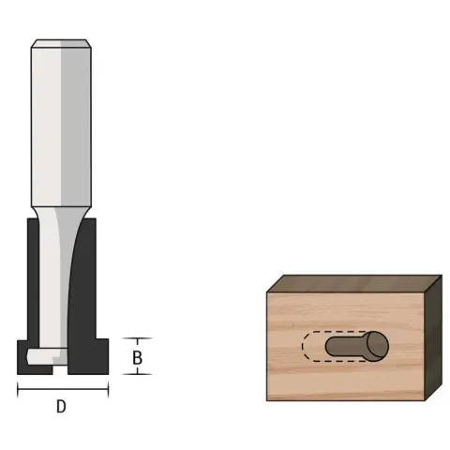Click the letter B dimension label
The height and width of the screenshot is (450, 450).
[x=137, y=358]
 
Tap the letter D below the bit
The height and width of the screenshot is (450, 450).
[x=61, y=407]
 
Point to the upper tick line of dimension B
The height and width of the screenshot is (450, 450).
[x=137, y=338]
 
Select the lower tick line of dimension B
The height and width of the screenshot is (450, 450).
[x=137, y=374]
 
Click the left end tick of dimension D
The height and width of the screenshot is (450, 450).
[x=18, y=389]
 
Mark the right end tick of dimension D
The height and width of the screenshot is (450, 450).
[x=108, y=389]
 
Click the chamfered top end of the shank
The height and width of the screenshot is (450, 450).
[x=61, y=43]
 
